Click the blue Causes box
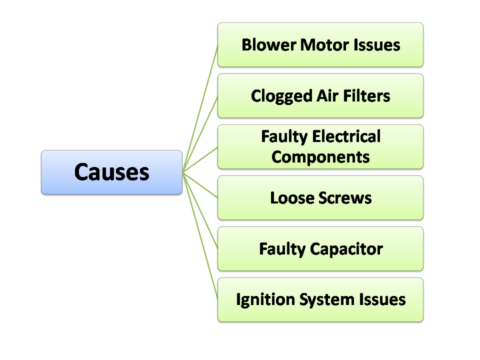111,172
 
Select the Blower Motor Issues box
320,44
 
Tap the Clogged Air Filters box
320,95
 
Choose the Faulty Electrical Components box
320,146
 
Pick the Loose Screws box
320,197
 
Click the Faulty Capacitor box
320,248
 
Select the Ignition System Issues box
320,299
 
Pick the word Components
320,157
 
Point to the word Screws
345,197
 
